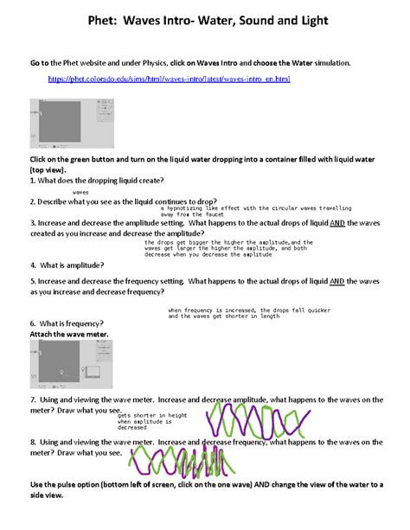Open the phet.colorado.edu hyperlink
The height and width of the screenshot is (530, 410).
point(169,79)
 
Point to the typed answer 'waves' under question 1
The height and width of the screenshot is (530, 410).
point(81,192)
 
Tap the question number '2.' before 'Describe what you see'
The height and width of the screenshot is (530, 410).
point(33,201)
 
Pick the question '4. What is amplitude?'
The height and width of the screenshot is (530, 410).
point(67,265)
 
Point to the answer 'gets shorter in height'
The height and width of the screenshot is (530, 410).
point(153,415)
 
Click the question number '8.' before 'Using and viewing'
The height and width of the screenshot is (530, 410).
point(33,441)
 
